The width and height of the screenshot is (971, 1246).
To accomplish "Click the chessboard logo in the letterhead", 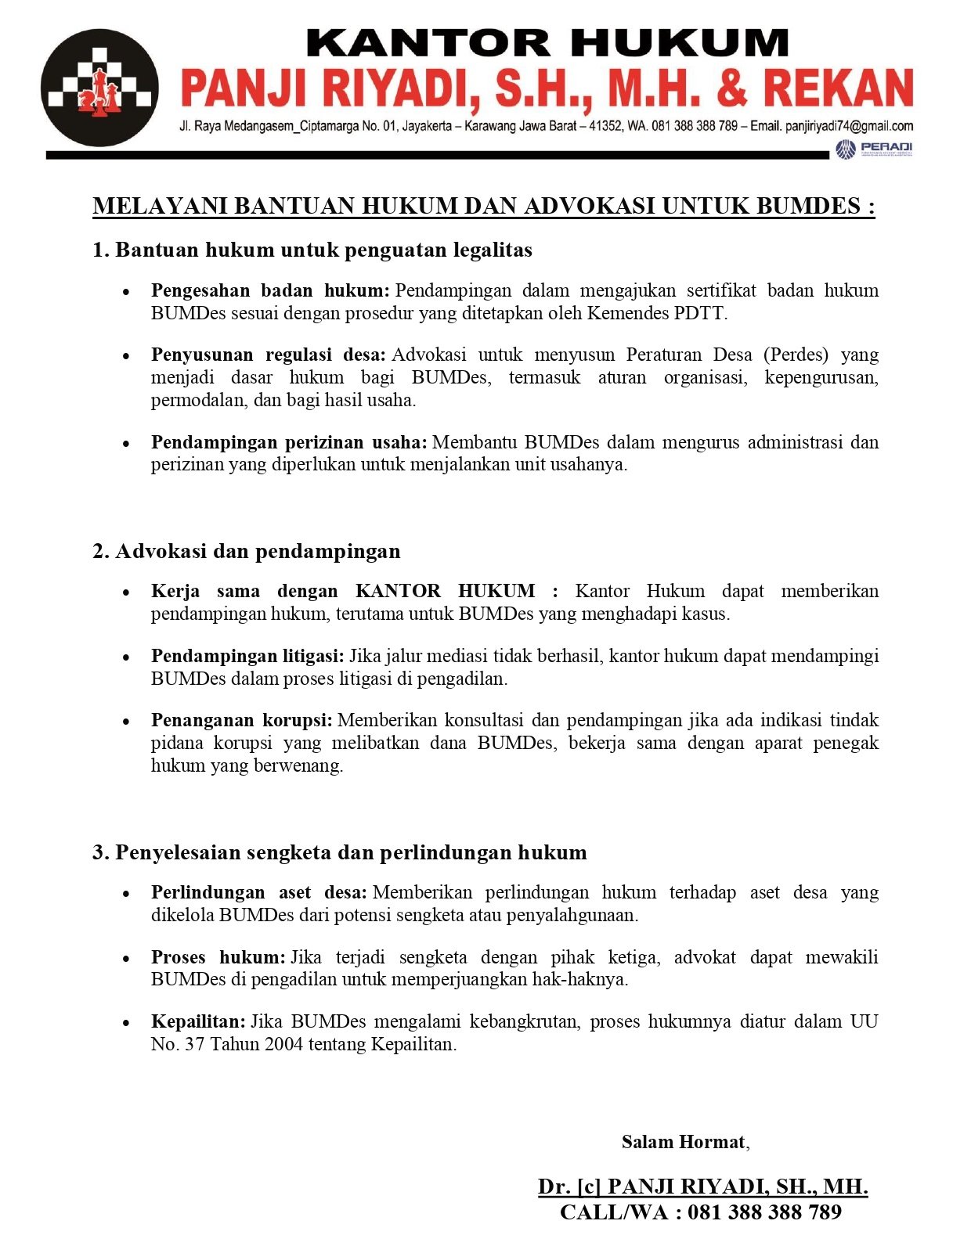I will (99, 87).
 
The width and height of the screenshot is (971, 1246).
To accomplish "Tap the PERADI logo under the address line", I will (874, 149).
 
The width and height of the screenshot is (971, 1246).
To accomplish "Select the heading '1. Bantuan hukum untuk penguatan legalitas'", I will (312, 250).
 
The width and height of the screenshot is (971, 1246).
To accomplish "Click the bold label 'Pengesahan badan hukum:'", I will (270, 290).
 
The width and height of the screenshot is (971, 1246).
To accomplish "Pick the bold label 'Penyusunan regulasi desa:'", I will (269, 355).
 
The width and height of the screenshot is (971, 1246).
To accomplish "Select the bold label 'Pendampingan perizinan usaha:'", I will (289, 442).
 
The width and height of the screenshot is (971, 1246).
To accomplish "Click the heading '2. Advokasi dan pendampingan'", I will (247, 551).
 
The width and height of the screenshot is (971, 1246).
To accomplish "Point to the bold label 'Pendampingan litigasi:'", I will (247, 656).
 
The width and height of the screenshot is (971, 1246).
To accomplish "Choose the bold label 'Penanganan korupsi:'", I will (242, 720).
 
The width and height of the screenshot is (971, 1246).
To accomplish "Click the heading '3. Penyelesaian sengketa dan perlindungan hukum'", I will (340, 852).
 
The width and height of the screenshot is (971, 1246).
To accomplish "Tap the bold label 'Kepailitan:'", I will (198, 1021).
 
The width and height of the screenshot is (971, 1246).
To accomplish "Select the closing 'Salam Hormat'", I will (683, 1142).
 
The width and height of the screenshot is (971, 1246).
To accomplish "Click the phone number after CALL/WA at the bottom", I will (764, 1212).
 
